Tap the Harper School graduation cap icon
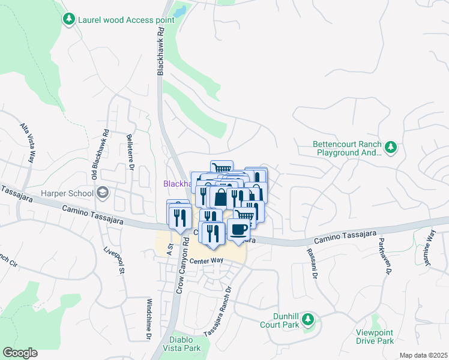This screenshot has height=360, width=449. tap(102, 193)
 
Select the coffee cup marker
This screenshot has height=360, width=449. tap(238, 230)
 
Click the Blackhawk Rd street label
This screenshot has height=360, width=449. tap(160, 53)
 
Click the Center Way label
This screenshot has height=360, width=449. tap(206, 261)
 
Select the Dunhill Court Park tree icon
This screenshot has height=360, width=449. tap(308, 319)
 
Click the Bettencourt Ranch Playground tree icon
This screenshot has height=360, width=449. tap(391, 147)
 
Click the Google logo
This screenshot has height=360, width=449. tap(20, 353)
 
